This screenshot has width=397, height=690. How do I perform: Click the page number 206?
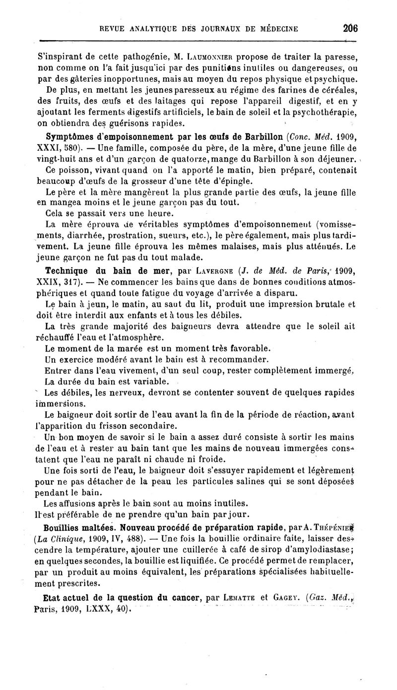click(350, 28)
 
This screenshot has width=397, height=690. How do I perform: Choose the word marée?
click(128, 348)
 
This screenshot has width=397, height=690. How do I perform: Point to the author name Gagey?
click(284, 597)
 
